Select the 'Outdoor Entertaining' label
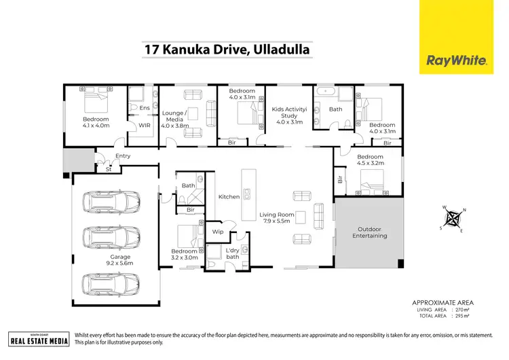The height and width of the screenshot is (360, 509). [x=369, y=232]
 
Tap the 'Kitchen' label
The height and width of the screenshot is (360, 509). [x=229, y=197]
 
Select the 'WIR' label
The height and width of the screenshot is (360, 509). [x=144, y=125]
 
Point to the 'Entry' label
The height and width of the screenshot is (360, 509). [x=123, y=156]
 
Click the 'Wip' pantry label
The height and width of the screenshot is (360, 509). [x=218, y=232]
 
